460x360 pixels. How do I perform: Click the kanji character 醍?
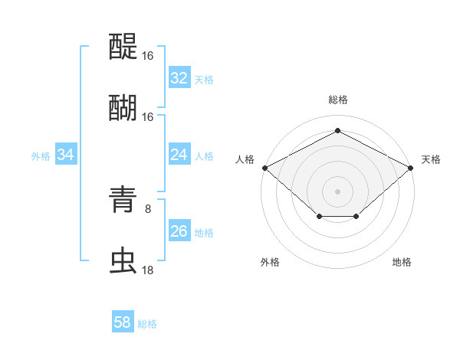tap(123, 47)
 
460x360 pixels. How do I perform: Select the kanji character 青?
tap(123, 201)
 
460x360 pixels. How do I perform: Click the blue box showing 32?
tap(179, 78)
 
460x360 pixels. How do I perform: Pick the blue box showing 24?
tap(179, 155)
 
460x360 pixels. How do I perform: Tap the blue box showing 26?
tap(179, 231)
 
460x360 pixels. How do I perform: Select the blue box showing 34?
tap(66, 155)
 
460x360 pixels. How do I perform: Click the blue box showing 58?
tap(123, 322)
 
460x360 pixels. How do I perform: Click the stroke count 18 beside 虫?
tap(148, 270)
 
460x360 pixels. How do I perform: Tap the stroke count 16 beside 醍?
tap(148, 56)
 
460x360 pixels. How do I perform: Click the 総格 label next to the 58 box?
tap(147, 324)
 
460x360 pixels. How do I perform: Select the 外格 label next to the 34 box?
tap(41, 156)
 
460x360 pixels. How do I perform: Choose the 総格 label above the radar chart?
tap(337, 100)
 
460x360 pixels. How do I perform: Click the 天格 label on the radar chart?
tap(431, 159)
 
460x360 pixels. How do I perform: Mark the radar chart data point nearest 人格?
tap(264, 167)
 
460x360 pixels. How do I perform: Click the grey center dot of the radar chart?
tap(337, 190)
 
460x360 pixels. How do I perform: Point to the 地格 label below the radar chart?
tap(402, 263)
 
